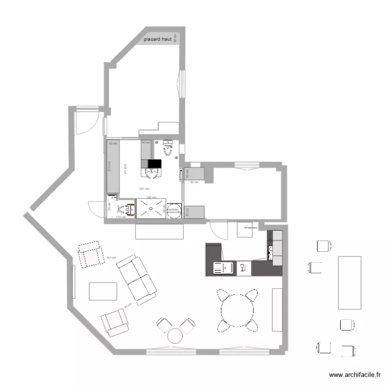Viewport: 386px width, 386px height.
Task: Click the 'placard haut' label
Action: [x=157, y=39]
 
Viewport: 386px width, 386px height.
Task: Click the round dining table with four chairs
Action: [x=237, y=310]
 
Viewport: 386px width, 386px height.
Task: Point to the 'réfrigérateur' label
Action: [x=251, y=226]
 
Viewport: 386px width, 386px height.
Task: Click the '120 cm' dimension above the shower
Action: [x=151, y=198]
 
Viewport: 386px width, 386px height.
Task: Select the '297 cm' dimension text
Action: [x=144, y=189]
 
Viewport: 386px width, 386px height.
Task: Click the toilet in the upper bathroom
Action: [x=168, y=148]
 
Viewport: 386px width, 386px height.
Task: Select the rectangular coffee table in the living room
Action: [x=103, y=291]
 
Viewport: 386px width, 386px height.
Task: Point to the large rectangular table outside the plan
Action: [x=350, y=283]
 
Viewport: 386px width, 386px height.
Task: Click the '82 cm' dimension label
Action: [x=195, y=182]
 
